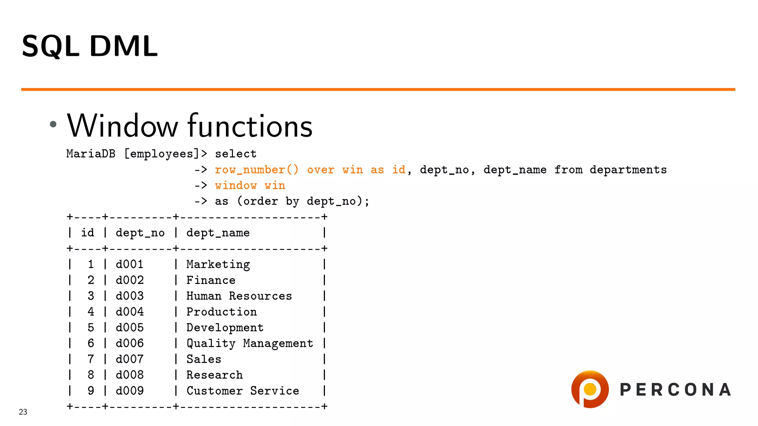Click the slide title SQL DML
[90, 46]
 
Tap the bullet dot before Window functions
[53, 124]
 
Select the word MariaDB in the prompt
[91, 154]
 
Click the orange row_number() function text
[256, 170]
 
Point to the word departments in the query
[628, 170]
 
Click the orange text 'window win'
[250, 186]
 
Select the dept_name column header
[218, 233]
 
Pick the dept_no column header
[140, 233]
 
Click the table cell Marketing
[218, 264]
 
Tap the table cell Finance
[211, 280]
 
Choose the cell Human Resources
[239, 296]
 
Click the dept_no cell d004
[130, 312]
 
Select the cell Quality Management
[250, 344]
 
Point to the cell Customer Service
[243, 391]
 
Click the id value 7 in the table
[91, 359]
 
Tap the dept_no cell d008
[130, 375]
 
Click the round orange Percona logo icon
[590, 389]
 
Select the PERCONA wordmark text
[675, 390]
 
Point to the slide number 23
[23, 412]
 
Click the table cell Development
[225, 328]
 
